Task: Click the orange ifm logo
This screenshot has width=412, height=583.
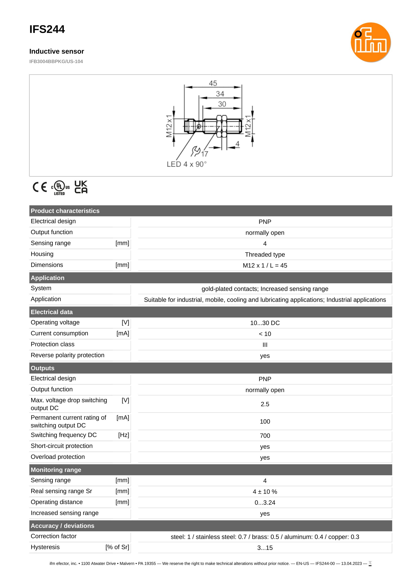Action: (370, 42)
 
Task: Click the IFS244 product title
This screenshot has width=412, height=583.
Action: (47, 30)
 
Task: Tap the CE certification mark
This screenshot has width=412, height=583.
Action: (40, 187)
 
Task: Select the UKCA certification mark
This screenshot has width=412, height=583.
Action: (81, 187)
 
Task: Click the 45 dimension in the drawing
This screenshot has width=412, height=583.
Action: (213, 83)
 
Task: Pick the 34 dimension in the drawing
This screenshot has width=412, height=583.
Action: (220, 94)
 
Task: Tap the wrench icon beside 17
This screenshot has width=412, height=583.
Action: (196, 151)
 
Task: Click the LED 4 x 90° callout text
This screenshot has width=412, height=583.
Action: (186, 164)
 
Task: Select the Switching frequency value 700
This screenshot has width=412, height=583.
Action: (265, 436)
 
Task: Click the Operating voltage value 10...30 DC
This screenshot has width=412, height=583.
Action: (265, 323)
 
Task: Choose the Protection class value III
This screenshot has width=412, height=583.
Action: (265, 345)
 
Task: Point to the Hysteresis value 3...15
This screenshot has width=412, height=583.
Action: (265, 548)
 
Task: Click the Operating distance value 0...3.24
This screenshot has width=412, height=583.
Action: (265, 503)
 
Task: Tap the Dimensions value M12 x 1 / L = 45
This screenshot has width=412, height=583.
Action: (265, 265)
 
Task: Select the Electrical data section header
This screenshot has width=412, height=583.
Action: (52, 312)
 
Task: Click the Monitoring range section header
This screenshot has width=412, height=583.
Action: (56, 470)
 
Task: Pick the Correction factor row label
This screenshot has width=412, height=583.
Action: (54, 536)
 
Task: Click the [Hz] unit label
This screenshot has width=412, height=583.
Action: (123, 435)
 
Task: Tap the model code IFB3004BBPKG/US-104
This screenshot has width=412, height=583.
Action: (56, 62)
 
